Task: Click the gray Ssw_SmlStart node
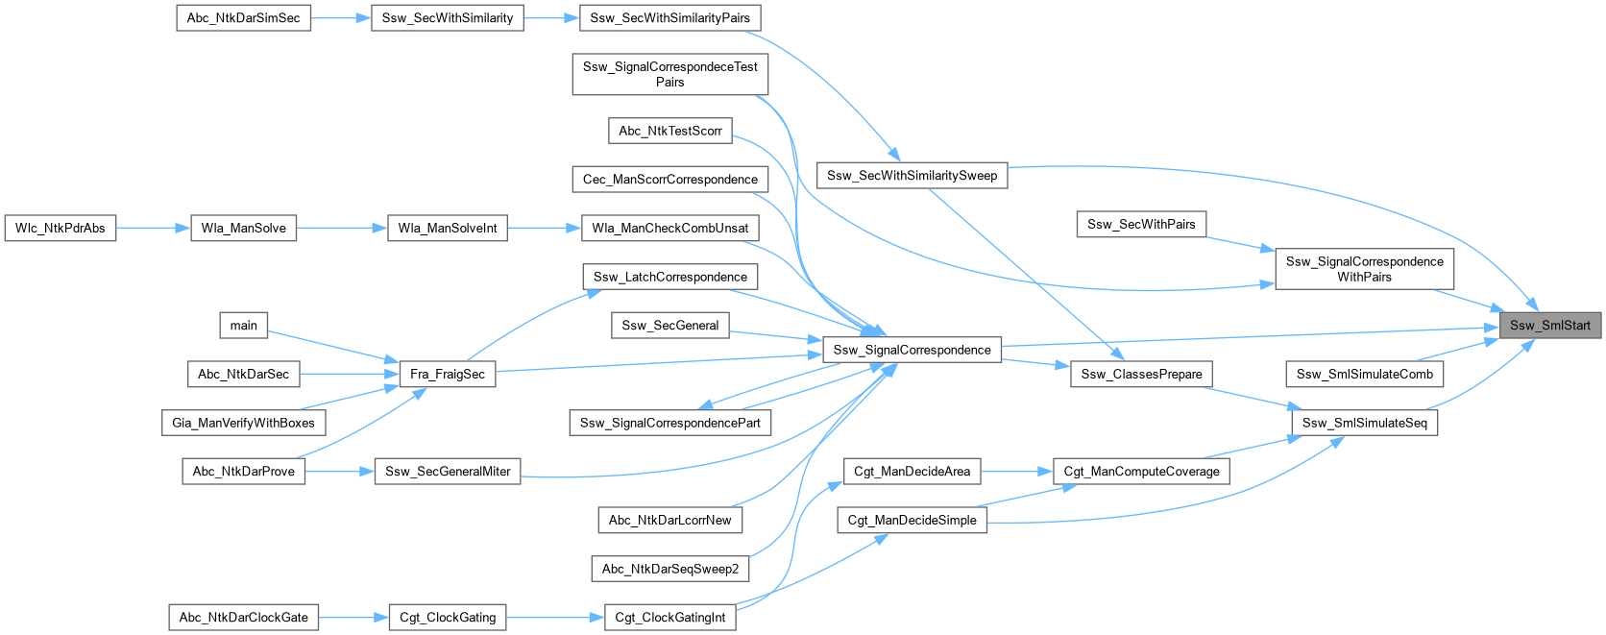click(1549, 325)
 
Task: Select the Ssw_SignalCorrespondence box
click(912, 350)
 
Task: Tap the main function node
click(243, 325)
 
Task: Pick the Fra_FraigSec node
click(447, 374)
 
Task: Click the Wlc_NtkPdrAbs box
click(60, 228)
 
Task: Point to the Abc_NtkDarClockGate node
click(244, 617)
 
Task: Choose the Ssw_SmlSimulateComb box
click(1364, 374)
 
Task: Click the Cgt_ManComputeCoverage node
click(1141, 471)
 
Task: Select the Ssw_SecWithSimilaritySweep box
click(912, 175)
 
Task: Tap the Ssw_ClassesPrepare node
click(1141, 374)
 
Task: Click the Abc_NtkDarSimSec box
click(243, 17)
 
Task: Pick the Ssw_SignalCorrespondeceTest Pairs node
click(669, 74)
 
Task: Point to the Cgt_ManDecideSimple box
click(912, 520)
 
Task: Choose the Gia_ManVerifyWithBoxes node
click(243, 423)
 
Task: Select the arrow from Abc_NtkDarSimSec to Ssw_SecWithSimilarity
click(341, 17)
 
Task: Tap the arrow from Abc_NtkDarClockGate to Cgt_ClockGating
click(353, 617)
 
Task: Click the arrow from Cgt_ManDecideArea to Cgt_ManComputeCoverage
click(1017, 471)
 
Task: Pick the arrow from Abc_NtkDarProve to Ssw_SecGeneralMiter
click(339, 471)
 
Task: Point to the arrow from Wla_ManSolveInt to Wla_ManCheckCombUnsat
click(545, 228)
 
